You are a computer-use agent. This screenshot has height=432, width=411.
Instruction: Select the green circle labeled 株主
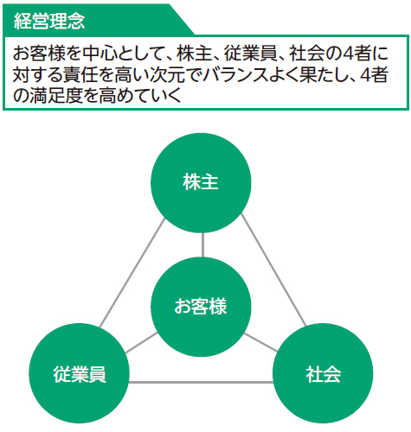[x=201, y=182]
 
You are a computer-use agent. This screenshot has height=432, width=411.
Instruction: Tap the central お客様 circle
[x=201, y=307]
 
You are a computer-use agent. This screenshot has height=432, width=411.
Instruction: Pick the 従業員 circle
[x=80, y=373]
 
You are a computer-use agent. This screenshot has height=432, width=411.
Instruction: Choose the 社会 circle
[x=323, y=373]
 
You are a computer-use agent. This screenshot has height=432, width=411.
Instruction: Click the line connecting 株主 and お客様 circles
[x=202, y=245]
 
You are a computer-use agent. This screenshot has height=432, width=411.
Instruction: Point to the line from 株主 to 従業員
[x=132, y=272]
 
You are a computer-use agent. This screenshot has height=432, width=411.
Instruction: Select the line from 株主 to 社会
[x=273, y=270]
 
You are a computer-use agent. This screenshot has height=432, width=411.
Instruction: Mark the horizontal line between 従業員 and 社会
[x=201, y=383]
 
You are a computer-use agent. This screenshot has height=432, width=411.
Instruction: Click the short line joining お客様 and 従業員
[x=142, y=343]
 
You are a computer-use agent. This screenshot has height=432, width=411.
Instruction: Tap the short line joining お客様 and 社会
[x=260, y=342]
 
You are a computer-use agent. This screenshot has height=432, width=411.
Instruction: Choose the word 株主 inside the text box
[x=195, y=54]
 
